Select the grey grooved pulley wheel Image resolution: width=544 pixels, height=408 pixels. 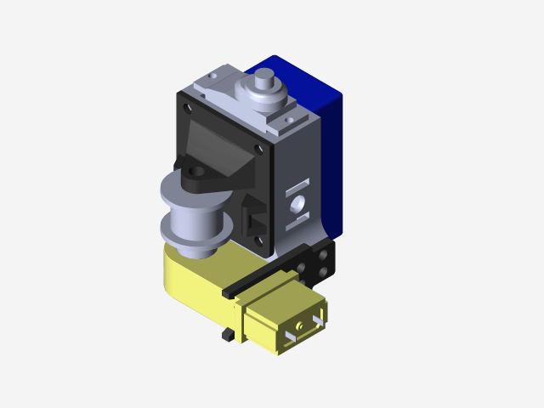click(194, 217)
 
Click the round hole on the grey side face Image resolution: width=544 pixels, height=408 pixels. click(297, 205)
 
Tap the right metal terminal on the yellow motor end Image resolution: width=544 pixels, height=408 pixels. click(319, 320)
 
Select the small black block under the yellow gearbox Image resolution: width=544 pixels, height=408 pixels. click(227, 336)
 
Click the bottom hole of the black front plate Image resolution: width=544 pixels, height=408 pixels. click(270, 249)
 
